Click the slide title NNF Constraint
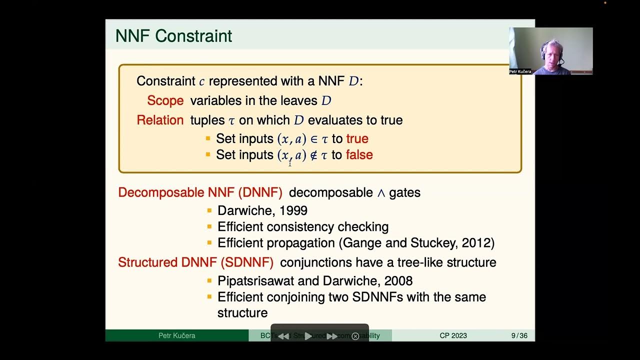pos(173,36)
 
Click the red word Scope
pos(165,100)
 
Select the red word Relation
pos(160,120)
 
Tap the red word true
pos(357,138)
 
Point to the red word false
pos(359,155)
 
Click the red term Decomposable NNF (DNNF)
pos(200,192)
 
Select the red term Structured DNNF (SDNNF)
pos(195,262)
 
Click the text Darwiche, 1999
pos(262,210)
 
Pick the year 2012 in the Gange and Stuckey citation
pos(476,243)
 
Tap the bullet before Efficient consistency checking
pos(209,226)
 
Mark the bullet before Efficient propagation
pos(209,243)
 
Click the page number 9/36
pos(519,335)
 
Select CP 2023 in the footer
pos(453,335)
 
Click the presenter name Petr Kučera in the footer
pos(176,335)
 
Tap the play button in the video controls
pos(308,336)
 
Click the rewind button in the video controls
pos(283,336)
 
